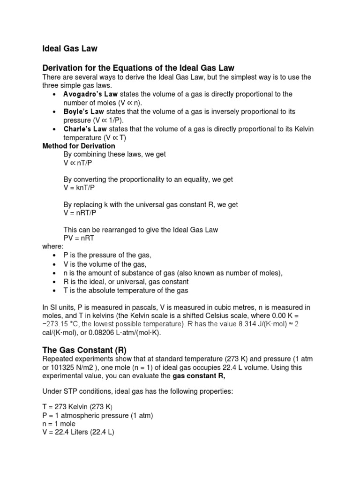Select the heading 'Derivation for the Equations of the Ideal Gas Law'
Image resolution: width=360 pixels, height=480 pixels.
tap(138, 68)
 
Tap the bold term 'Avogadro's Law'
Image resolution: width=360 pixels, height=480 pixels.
tap(91, 94)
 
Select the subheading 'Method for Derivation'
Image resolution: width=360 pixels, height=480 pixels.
tap(78, 146)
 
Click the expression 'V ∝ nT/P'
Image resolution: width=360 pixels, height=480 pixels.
tap(78, 163)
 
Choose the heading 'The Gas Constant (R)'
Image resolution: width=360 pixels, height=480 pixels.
tap(85, 350)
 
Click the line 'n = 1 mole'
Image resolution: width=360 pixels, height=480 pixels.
tap(59, 424)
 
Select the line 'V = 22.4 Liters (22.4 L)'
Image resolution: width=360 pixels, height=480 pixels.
tap(78, 433)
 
